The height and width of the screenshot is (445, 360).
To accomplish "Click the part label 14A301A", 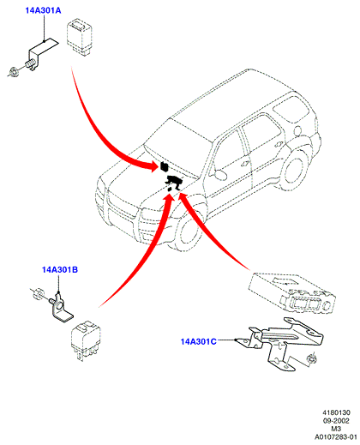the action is [x=43, y=10].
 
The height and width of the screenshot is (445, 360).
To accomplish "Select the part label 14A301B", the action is [x=60, y=269].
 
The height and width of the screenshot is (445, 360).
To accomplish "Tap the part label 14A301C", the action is [x=198, y=341].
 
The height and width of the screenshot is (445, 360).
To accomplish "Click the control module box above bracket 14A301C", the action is [x=292, y=293].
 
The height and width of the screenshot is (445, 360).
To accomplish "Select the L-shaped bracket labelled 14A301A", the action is [x=42, y=54].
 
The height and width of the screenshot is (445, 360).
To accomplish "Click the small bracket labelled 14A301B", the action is [x=61, y=308].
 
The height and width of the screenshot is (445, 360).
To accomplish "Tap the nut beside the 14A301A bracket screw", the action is [x=13, y=71].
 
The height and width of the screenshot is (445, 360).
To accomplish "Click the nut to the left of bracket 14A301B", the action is [x=37, y=293].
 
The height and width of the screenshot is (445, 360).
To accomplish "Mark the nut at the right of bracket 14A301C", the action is [x=310, y=358].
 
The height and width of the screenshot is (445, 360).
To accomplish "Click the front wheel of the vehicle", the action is [x=188, y=235].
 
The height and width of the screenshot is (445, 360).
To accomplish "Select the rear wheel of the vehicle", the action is [x=294, y=171].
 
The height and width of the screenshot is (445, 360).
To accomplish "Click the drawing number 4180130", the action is [x=336, y=412].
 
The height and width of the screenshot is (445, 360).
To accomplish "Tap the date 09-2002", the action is [x=336, y=421].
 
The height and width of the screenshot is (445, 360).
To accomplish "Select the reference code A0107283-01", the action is [x=336, y=437].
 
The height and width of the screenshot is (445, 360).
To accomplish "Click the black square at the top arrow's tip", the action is [x=164, y=166].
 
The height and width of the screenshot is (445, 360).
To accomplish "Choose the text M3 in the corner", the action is [x=336, y=429].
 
